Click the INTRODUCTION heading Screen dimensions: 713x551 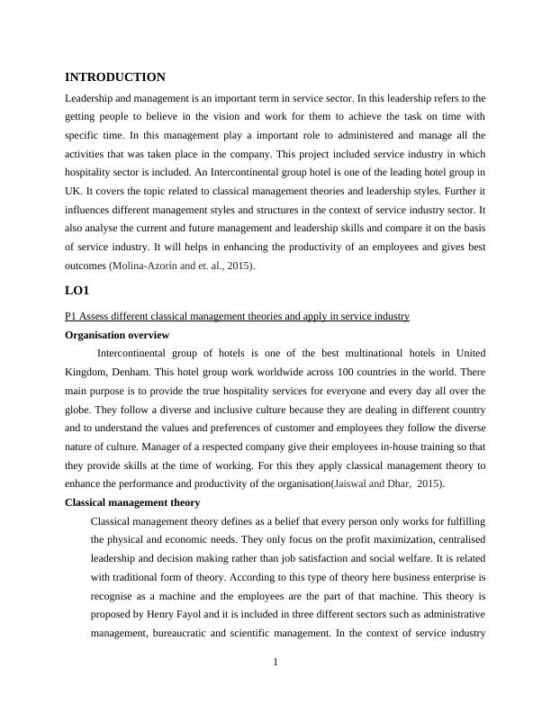[115, 77]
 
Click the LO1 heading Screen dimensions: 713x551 [77, 291]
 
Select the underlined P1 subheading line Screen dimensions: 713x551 [238, 316]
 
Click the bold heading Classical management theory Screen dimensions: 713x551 [132, 502]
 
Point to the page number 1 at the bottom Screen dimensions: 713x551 [275, 663]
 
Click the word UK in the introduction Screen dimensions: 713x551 [75, 191]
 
